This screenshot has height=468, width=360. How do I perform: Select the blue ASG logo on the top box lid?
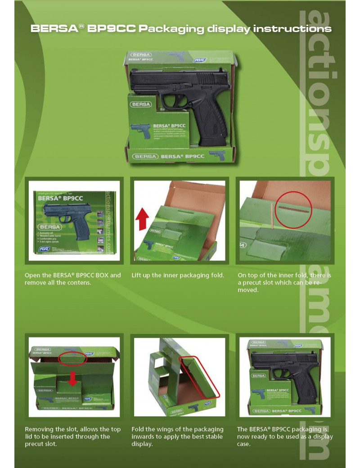[199, 59]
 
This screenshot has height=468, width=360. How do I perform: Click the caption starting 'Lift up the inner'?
[178, 275]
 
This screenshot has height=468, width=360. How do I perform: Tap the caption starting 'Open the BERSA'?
[72, 279]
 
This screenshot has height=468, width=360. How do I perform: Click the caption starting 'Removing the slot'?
[72, 436]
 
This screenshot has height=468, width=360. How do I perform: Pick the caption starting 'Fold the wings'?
[178, 436]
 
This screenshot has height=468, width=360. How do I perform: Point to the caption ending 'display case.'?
[284, 436]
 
